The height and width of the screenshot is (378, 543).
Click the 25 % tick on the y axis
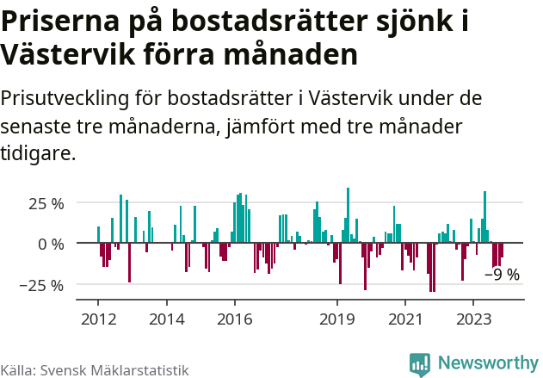tap(46, 204)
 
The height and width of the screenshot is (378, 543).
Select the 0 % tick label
tap(52, 244)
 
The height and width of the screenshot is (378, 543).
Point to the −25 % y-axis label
tap(40, 284)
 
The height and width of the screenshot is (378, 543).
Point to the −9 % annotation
tap(502, 275)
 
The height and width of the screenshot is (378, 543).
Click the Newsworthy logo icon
tap(420, 364)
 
